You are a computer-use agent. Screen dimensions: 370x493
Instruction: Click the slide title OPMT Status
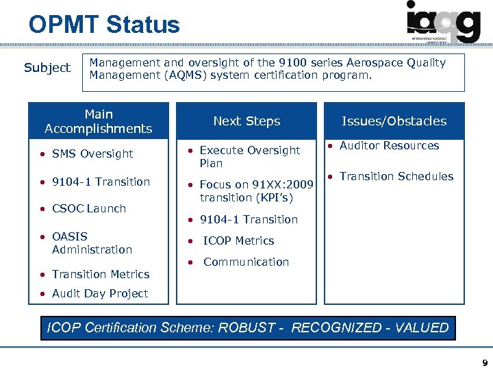(x=103, y=25)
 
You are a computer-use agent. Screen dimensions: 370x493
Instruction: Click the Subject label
(x=47, y=68)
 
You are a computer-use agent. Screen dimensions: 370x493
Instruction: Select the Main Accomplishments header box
(x=98, y=121)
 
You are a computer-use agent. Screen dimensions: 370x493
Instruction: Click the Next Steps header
(x=246, y=121)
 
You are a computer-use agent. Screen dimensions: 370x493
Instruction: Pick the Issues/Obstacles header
(x=394, y=121)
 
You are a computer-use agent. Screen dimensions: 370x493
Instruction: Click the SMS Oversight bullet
(x=92, y=153)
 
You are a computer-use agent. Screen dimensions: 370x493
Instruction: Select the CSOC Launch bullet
(x=89, y=208)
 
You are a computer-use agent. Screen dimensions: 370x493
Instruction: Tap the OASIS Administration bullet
(x=92, y=243)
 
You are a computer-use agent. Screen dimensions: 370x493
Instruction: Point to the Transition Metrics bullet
(x=100, y=274)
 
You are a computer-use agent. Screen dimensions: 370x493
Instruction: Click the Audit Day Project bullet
(x=99, y=293)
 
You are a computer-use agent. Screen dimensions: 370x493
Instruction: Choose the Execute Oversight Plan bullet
(x=249, y=156)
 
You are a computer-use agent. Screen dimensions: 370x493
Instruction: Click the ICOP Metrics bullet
(x=238, y=241)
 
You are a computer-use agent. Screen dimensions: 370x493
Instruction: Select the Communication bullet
(x=246, y=262)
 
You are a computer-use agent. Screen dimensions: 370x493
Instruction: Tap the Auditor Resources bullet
(x=389, y=145)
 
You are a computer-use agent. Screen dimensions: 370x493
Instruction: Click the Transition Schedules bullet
(x=396, y=176)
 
